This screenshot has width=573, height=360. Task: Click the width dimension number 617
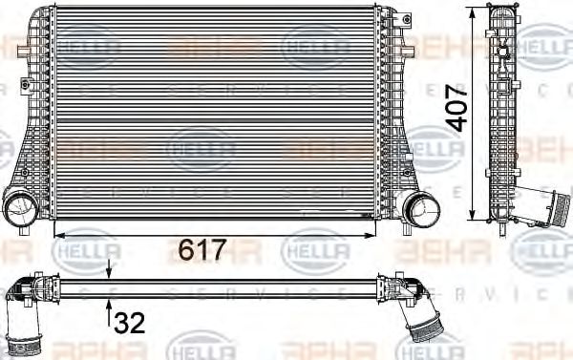[x=202, y=251]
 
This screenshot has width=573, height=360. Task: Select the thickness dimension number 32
[x=130, y=323]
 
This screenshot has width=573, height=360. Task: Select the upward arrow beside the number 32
[x=109, y=308]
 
